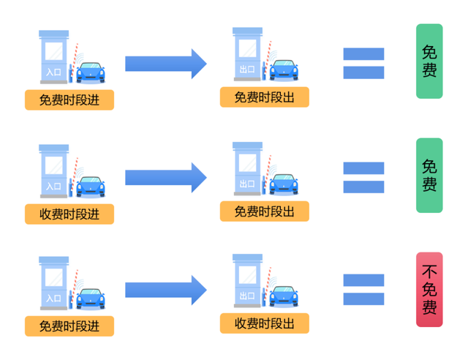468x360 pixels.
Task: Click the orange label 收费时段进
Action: point(69,214)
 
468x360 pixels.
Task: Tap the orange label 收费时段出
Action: point(264,323)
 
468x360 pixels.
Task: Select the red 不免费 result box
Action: point(429,290)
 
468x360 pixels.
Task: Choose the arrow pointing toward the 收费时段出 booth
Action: point(166,290)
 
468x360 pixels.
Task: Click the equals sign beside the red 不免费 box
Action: point(363,290)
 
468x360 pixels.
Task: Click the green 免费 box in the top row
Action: point(429,61)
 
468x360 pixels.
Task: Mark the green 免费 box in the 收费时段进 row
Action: point(429,176)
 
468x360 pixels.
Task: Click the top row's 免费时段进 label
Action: point(69,100)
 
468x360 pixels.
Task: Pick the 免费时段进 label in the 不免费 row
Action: point(69,326)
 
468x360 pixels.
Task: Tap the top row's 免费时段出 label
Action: point(264,97)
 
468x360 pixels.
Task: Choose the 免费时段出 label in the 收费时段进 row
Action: point(264,211)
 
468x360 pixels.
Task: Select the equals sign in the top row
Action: point(363,63)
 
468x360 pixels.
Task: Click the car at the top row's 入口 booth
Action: point(91,72)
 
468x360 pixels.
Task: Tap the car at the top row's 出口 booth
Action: point(284,70)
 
